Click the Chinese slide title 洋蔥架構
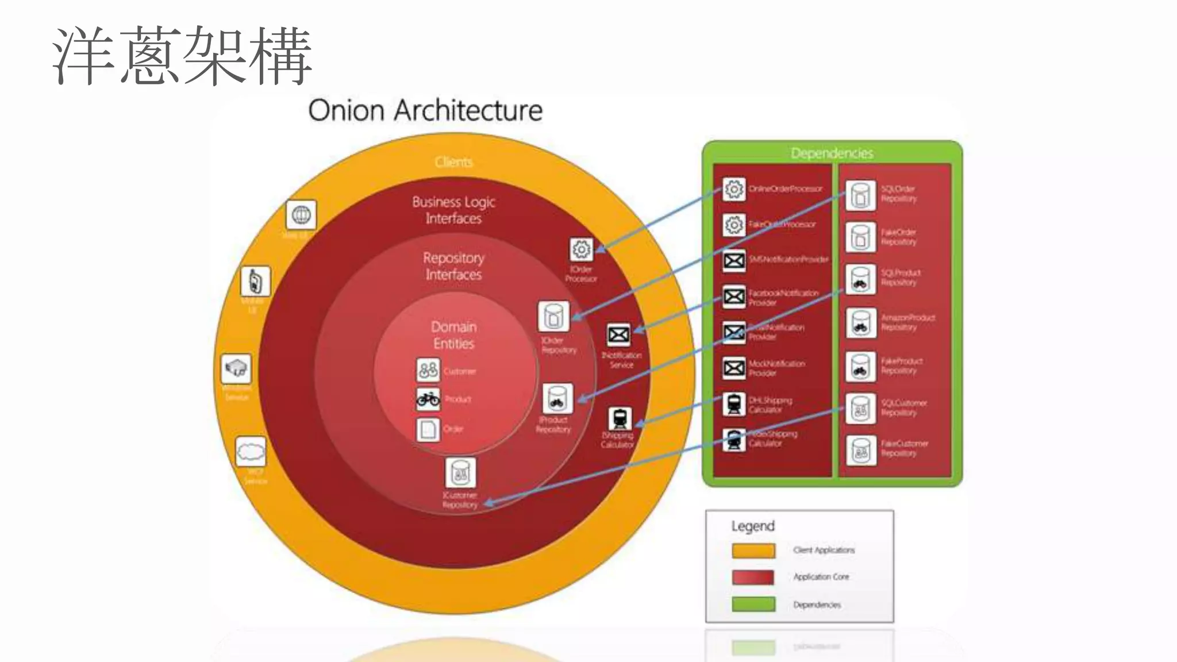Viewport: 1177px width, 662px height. [182, 56]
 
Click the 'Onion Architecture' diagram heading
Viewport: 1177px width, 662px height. [425, 110]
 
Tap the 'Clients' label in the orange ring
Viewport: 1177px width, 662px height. [453, 162]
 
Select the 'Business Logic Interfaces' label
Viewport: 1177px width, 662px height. [453, 210]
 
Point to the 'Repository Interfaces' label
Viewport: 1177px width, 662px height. [453, 265]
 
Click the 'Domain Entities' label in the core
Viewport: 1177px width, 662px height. [453, 335]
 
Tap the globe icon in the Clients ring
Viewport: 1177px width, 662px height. [301, 215]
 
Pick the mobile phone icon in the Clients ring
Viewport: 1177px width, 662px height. [255, 282]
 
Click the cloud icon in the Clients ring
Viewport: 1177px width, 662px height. [251, 452]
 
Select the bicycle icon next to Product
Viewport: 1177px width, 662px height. [428, 398]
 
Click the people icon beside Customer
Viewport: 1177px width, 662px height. [428, 370]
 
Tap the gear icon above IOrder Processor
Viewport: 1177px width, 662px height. [581, 250]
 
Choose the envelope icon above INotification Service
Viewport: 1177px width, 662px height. [618, 335]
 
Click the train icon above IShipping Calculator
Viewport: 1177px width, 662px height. [620, 418]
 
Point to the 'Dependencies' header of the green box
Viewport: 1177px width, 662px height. [832, 153]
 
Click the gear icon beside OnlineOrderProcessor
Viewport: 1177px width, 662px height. [734, 189]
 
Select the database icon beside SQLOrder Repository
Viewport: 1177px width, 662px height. [860, 195]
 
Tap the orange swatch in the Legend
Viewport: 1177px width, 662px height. [753, 551]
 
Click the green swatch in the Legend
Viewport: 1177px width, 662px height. [753, 604]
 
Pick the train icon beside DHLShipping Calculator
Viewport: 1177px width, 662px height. [734, 404]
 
